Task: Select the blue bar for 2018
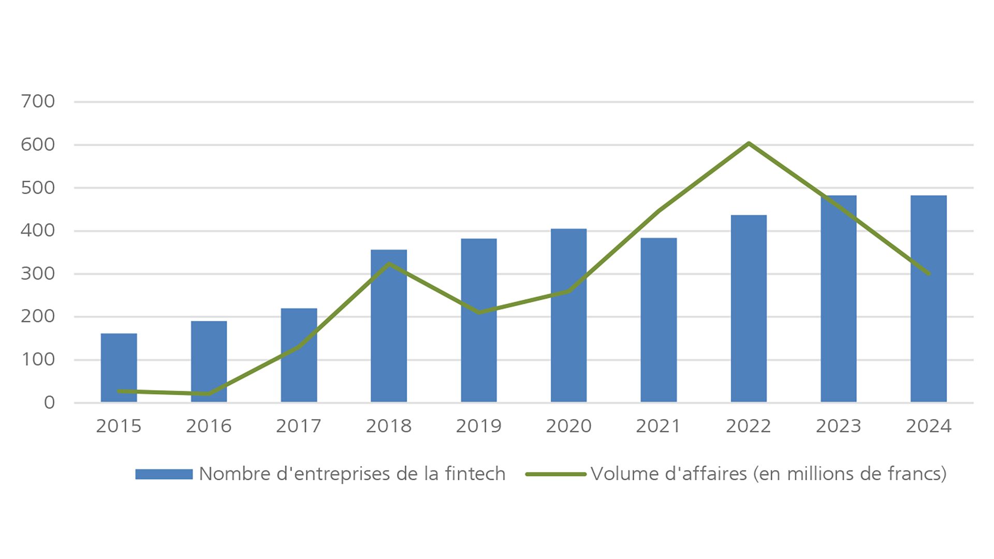pyautogui.click(x=389, y=326)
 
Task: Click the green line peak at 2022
pyautogui.click(x=749, y=143)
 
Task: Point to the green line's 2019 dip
pyautogui.click(x=479, y=312)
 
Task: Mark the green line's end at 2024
pyautogui.click(x=928, y=273)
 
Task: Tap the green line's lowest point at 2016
pyautogui.click(x=209, y=394)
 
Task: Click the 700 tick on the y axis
pyautogui.click(x=38, y=101)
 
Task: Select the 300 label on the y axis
pyautogui.click(x=38, y=274)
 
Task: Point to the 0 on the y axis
pyautogui.click(x=49, y=403)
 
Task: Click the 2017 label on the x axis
pyautogui.click(x=299, y=426)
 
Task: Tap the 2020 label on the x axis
pyautogui.click(x=568, y=426)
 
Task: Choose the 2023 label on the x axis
pyautogui.click(x=838, y=426)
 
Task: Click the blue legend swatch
pyautogui.click(x=164, y=474)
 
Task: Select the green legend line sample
pyautogui.click(x=556, y=474)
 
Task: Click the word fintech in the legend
pyautogui.click(x=475, y=474)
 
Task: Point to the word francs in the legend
pyautogui.click(x=914, y=474)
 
